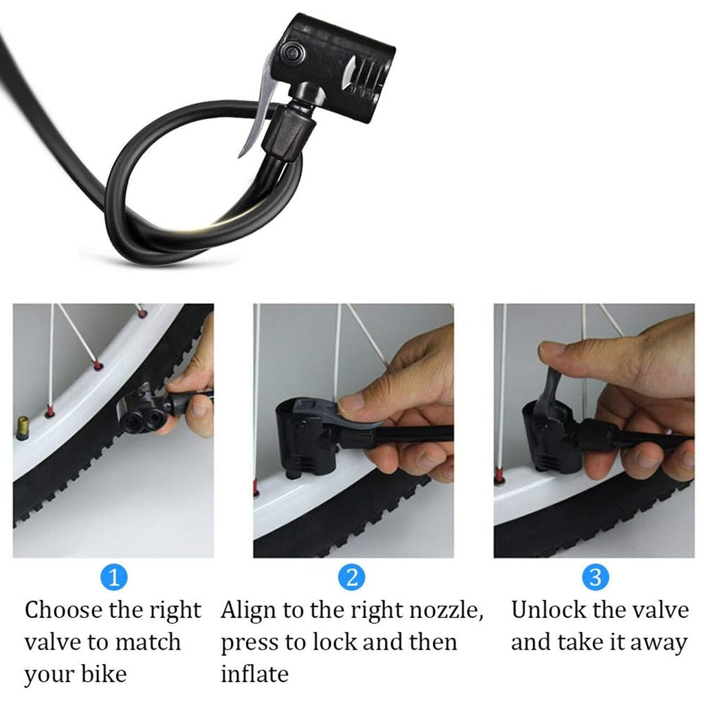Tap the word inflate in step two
tap(254, 673)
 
